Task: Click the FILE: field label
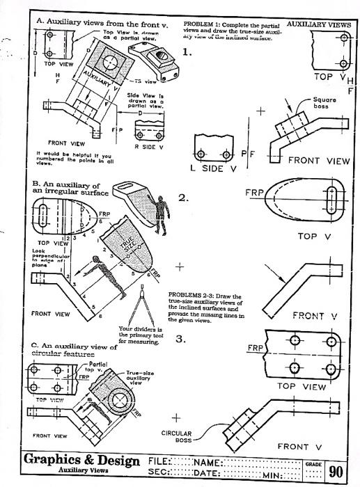coord(159,461)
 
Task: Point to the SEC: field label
coord(159,473)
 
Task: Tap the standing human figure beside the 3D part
coord(164,216)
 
